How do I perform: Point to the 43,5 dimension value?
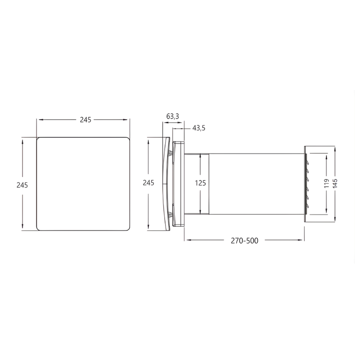199,128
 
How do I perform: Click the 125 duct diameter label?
201,182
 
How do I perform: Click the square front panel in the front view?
84,184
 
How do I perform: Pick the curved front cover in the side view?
166,184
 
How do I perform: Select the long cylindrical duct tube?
257,184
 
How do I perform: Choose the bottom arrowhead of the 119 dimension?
326,211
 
